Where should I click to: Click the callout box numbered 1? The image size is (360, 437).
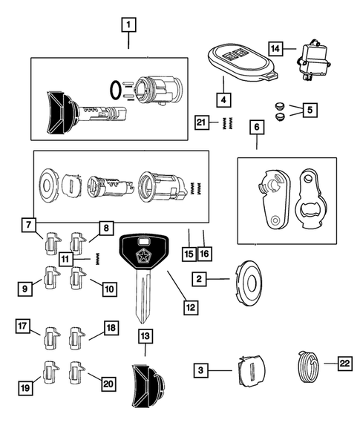click(128, 26)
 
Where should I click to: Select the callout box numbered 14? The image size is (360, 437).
click(275, 49)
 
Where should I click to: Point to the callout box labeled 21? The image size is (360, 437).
click(200, 122)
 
